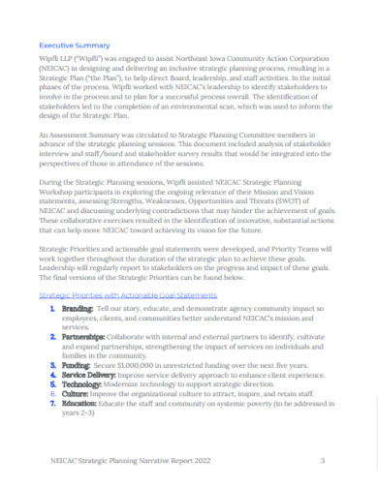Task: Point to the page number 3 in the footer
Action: point(322,460)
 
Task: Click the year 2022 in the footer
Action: point(190,460)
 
